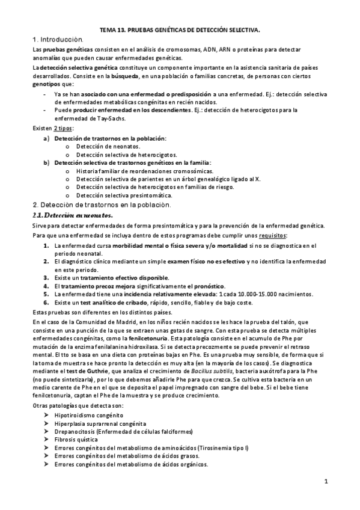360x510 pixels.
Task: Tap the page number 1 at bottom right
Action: tap(325, 481)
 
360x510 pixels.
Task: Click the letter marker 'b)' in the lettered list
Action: tap(46, 162)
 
